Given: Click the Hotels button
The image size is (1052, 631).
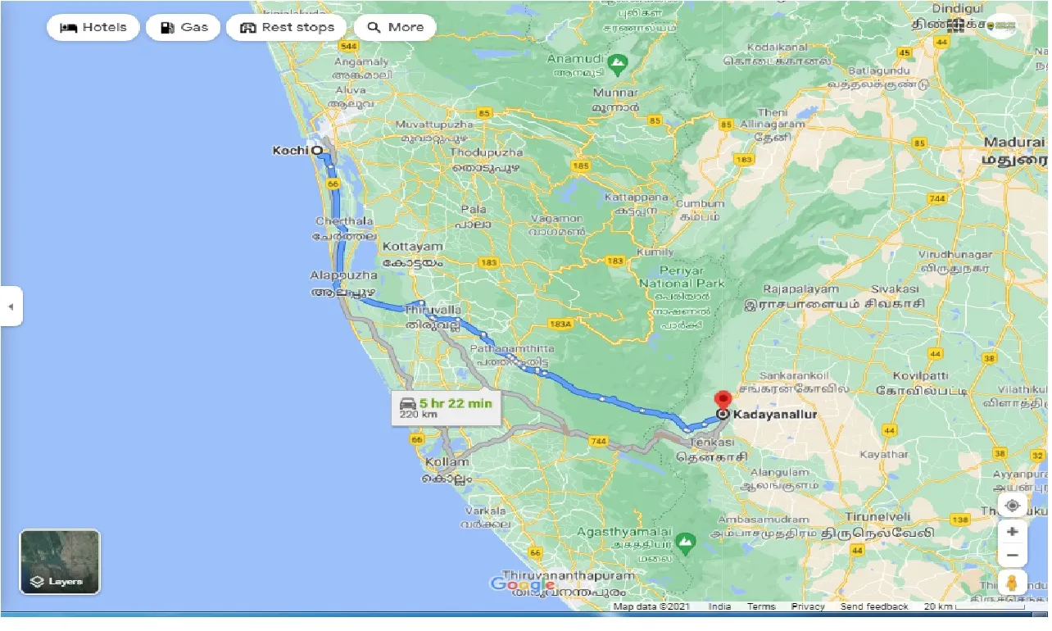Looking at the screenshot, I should click(93, 27).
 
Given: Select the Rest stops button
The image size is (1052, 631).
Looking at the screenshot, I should click(286, 27).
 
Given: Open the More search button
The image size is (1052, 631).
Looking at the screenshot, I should click(395, 27).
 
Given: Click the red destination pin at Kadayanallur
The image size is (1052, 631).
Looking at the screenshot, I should click(723, 401).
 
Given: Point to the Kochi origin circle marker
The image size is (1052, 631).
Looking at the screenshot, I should click(316, 151).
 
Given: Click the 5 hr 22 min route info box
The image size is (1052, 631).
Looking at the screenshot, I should click(446, 406).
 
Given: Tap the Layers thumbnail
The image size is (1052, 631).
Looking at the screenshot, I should click(60, 561).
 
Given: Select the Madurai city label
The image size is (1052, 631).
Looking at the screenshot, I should click(1015, 143).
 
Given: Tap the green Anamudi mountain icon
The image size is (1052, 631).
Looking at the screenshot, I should click(618, 61).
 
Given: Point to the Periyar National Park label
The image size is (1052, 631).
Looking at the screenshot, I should click(681, 283).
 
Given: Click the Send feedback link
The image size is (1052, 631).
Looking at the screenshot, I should click(873, 606).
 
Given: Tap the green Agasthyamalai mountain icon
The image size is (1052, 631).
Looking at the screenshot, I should click(685, 541).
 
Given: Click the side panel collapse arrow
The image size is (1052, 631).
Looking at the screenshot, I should click(11, 306).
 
